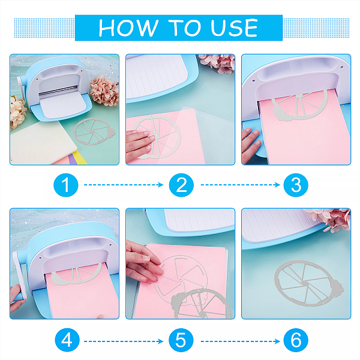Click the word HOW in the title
128,28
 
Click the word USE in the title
234,28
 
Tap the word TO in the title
184,28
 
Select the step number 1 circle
66,185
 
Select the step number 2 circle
181,185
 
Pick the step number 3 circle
296,185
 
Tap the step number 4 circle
67,340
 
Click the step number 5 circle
181,340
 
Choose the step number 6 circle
296,340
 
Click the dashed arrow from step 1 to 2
124,185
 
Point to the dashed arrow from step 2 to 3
241,185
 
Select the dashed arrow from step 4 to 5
124,341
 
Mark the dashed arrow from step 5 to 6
241,341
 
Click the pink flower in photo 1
104,91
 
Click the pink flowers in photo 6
331,219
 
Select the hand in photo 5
143,262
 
